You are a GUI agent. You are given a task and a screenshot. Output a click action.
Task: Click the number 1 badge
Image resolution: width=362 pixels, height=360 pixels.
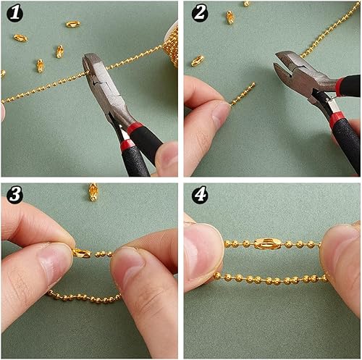click(14, 13)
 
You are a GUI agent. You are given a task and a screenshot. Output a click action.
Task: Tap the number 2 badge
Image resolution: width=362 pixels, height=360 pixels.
click(200, 13)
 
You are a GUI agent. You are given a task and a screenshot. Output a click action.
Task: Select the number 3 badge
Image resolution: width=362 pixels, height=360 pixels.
click(14, 194)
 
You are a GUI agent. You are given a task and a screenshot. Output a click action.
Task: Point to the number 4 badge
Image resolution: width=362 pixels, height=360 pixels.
click(200, 194)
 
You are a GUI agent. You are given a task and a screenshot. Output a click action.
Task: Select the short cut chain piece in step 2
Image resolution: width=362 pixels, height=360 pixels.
click(243, 94)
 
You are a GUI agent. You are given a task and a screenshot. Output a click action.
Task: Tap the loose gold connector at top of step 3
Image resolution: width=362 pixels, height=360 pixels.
click(93, 192)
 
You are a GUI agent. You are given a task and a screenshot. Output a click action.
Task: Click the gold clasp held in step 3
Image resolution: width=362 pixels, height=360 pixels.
click(82, 253)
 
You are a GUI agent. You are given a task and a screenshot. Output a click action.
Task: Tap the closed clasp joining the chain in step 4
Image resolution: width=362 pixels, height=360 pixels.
click(267, 243)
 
